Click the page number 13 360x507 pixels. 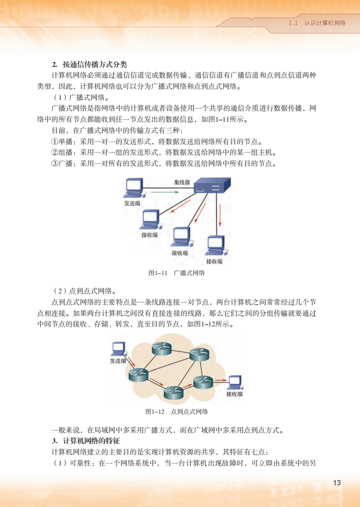point(336,483)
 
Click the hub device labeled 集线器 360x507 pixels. point(212,184)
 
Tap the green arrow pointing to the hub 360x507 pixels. point(164,192)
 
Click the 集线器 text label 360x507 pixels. point(182,182)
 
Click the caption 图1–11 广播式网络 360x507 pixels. point(177,273)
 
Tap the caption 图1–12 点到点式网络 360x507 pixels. point(177,411)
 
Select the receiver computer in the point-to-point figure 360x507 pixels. point(235,382)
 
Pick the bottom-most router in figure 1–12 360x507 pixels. point(173,392)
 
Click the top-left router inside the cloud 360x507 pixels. point(161,349)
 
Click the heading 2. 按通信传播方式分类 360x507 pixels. point(90,64)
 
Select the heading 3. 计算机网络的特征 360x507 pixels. point(86,441)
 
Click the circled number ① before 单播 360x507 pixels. point(55,142)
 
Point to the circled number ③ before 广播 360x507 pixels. point(55,163)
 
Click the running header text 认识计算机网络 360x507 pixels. point(325,23)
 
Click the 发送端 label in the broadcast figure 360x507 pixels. point(132,203)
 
